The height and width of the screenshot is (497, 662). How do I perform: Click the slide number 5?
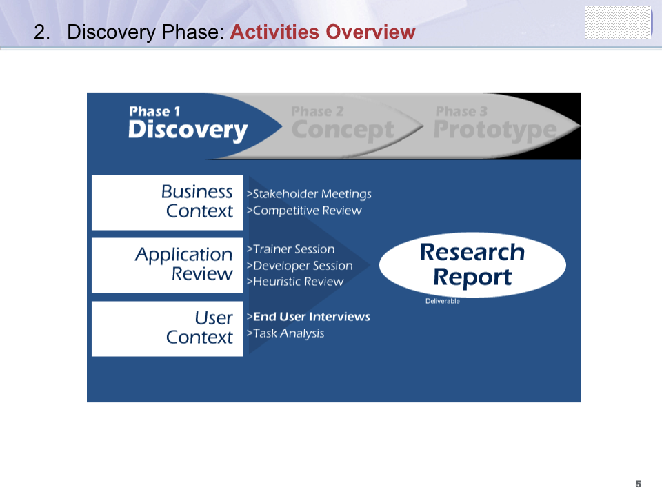tap(638, 484)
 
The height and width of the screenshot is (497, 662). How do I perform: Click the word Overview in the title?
tap(370, 32)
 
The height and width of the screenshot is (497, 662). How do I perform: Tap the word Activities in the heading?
tap(274, 32)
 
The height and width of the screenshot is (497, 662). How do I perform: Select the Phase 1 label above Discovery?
tap(154, 111)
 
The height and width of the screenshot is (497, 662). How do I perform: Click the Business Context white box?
tap(167, 202)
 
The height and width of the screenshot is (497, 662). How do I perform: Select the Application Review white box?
tap(167, 265)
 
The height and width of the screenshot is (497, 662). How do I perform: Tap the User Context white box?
tap(167, 329)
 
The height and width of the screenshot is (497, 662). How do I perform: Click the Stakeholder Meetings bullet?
tap(309, 194)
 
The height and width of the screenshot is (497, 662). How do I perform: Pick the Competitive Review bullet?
tap(304, 211)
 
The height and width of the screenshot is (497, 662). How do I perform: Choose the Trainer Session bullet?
tap(290, 249)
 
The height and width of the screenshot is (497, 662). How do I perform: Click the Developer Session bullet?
tap(300, 266)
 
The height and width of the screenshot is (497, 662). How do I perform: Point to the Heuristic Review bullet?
tap(295, 282)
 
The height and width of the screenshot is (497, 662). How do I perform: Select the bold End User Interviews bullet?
tap(308, 317)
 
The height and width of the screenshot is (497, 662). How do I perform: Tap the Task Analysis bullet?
tap(285, 334)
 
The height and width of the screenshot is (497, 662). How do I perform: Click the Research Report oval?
tap(472, 265)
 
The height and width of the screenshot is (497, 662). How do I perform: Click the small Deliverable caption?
tap(443, 301)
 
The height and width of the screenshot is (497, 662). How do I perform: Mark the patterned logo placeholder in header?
tap(618, 22)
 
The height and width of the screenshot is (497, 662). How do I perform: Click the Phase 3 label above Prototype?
tap(461, 111)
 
